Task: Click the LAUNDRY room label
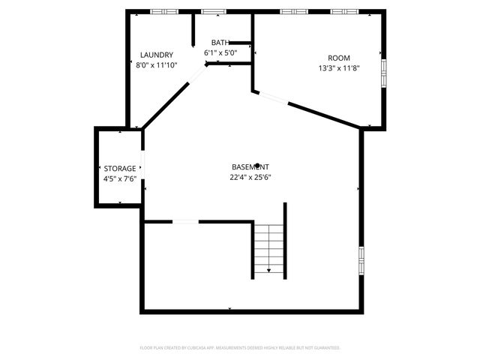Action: pyautogui.click(x=157, y=55)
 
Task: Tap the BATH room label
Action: pyautogui.click(x=220, y=43)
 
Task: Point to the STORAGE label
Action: pyautogui.click(x=120, y=169)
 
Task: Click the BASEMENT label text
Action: pyautogui.click(x=250, y=166)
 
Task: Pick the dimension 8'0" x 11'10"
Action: pyautogui.click(x=156, y=65)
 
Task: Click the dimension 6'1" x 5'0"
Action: pyautogui.click(x=220, y=53)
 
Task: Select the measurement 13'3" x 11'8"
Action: pyautogui.click(x=338, y=68)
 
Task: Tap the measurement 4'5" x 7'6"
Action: pyautogui.click(x=120, y=179)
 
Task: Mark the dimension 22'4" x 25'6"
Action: pyautogui.click(x=250, y=178)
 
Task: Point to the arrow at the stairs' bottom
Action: pyautogui.click(x=268, y=270)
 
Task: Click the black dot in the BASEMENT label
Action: pyautogui.click(x=258, y=166)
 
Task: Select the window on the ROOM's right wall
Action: pyautogui.click(x=383, y=73)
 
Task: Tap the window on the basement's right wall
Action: pyautogui.click(x=361, y=259)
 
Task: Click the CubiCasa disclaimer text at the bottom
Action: pyautogui.click(x=240, y=348)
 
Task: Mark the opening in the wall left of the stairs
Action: pyautogui.click(x=185, y=221)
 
